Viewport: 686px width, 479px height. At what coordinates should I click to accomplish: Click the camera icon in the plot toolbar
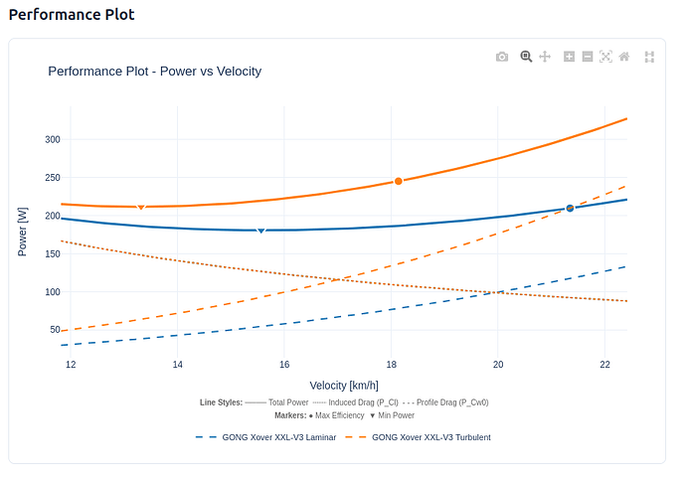pyautogui.click(x=502, y=57)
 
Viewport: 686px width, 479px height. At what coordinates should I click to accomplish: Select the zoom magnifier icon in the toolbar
pyautogui.click(x=526, y=57)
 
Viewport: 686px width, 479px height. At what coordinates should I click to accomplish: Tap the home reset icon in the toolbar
pyautogui.click(x=624, y=57)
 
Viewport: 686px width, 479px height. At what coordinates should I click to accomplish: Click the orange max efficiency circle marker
pyautogui.click(x=399, y=181)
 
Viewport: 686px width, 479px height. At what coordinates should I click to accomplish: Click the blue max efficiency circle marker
pyautogui.click(x=570, y=208)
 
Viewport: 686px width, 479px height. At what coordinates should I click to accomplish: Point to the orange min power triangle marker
pyautogui.click(x=141, y=207)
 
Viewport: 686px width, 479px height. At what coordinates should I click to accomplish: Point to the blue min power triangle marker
pyautogui.click(x=261, y=231)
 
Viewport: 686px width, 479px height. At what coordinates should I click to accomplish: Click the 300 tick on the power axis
pyautogui.click(x=53, y=139)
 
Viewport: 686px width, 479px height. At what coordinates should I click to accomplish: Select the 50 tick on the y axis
pyautogui.click(x=55, y=330)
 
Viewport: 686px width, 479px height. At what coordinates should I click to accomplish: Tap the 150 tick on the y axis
pyautogui.click(x=53, y=253)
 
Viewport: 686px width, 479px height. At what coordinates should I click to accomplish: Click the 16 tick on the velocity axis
pyautogui.click(x=284, y=365)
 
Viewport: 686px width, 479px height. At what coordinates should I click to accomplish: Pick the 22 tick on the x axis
pyautogui.click(x=605, y=365)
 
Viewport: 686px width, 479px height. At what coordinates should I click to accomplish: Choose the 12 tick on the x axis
pyautogui.click(x=71, y=365)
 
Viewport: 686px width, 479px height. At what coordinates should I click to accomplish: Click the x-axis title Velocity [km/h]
pyautogui.click(x=344, y=385)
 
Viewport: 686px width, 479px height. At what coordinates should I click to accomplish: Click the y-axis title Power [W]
pyautogui.click(x=23, y=232)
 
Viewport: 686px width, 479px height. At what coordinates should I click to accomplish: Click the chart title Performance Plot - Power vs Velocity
pyautogui.click(x=154, y=72)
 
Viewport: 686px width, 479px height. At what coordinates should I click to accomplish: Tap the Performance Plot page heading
pyautogui.click(x=72, y=15)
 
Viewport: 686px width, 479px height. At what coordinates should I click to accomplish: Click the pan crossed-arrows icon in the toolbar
pyautogui.click(x=545, y=57)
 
